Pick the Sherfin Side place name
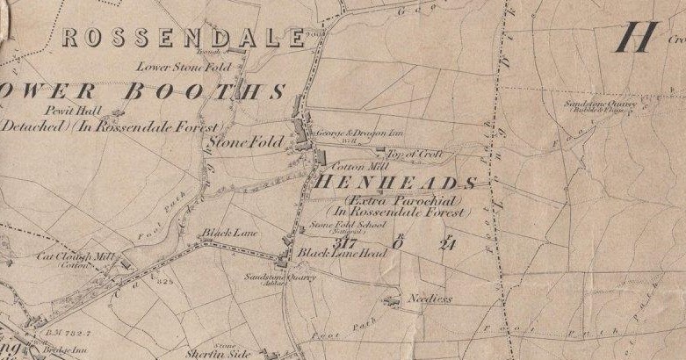coord(214,355)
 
